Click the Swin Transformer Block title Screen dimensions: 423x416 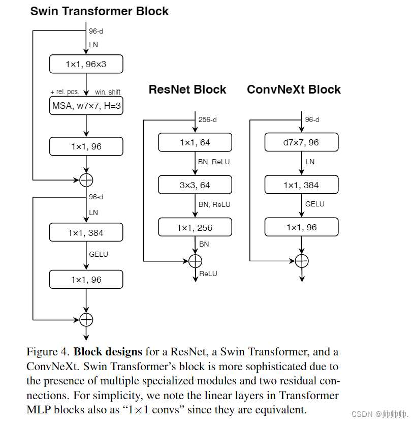(100, 11)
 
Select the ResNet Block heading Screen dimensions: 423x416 (187, 89)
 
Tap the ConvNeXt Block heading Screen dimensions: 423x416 (294, 89)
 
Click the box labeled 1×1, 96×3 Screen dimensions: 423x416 (86, 64)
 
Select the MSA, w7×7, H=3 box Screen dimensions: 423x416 (86, 106)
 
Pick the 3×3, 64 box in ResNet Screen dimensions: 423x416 (195, 185)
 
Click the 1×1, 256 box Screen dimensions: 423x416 (195, 227)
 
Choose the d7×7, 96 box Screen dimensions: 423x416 (301, 142)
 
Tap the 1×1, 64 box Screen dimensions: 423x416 (195, 142)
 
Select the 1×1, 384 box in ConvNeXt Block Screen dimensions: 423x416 (301, 185)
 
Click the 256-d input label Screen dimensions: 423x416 (208, 120)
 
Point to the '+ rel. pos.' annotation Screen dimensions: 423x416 (65, 92)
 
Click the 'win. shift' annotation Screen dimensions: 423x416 (108, 92)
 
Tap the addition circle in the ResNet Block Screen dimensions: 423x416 (195, 261)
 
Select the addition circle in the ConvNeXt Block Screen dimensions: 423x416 (302, 261)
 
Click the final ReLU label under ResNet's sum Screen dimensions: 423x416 (208, 274)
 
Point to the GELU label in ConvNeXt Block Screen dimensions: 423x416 (315, 204)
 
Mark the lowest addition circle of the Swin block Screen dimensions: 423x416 (86, 319)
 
